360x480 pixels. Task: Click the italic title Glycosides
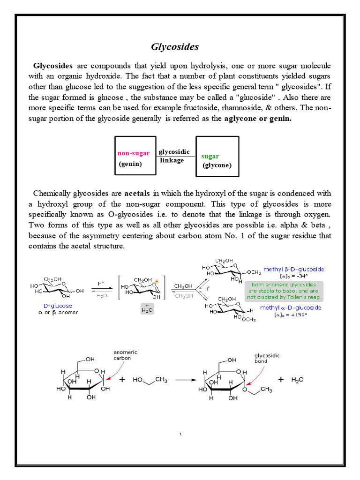click(175, 47)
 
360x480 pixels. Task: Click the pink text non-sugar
click(134, 153)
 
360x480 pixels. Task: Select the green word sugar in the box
click(210, 156)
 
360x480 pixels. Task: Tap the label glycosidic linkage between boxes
click(174, 156)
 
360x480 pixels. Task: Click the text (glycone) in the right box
click(217, 165)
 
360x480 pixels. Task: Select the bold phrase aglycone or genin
click(258, 119)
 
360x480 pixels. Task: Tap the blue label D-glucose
click(55, 306)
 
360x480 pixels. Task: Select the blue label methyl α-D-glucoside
click(292, 307)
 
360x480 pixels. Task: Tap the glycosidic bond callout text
click(267, 359)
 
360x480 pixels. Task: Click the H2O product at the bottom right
click(297, 380)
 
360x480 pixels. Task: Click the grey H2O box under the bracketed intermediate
click(147, 308)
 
